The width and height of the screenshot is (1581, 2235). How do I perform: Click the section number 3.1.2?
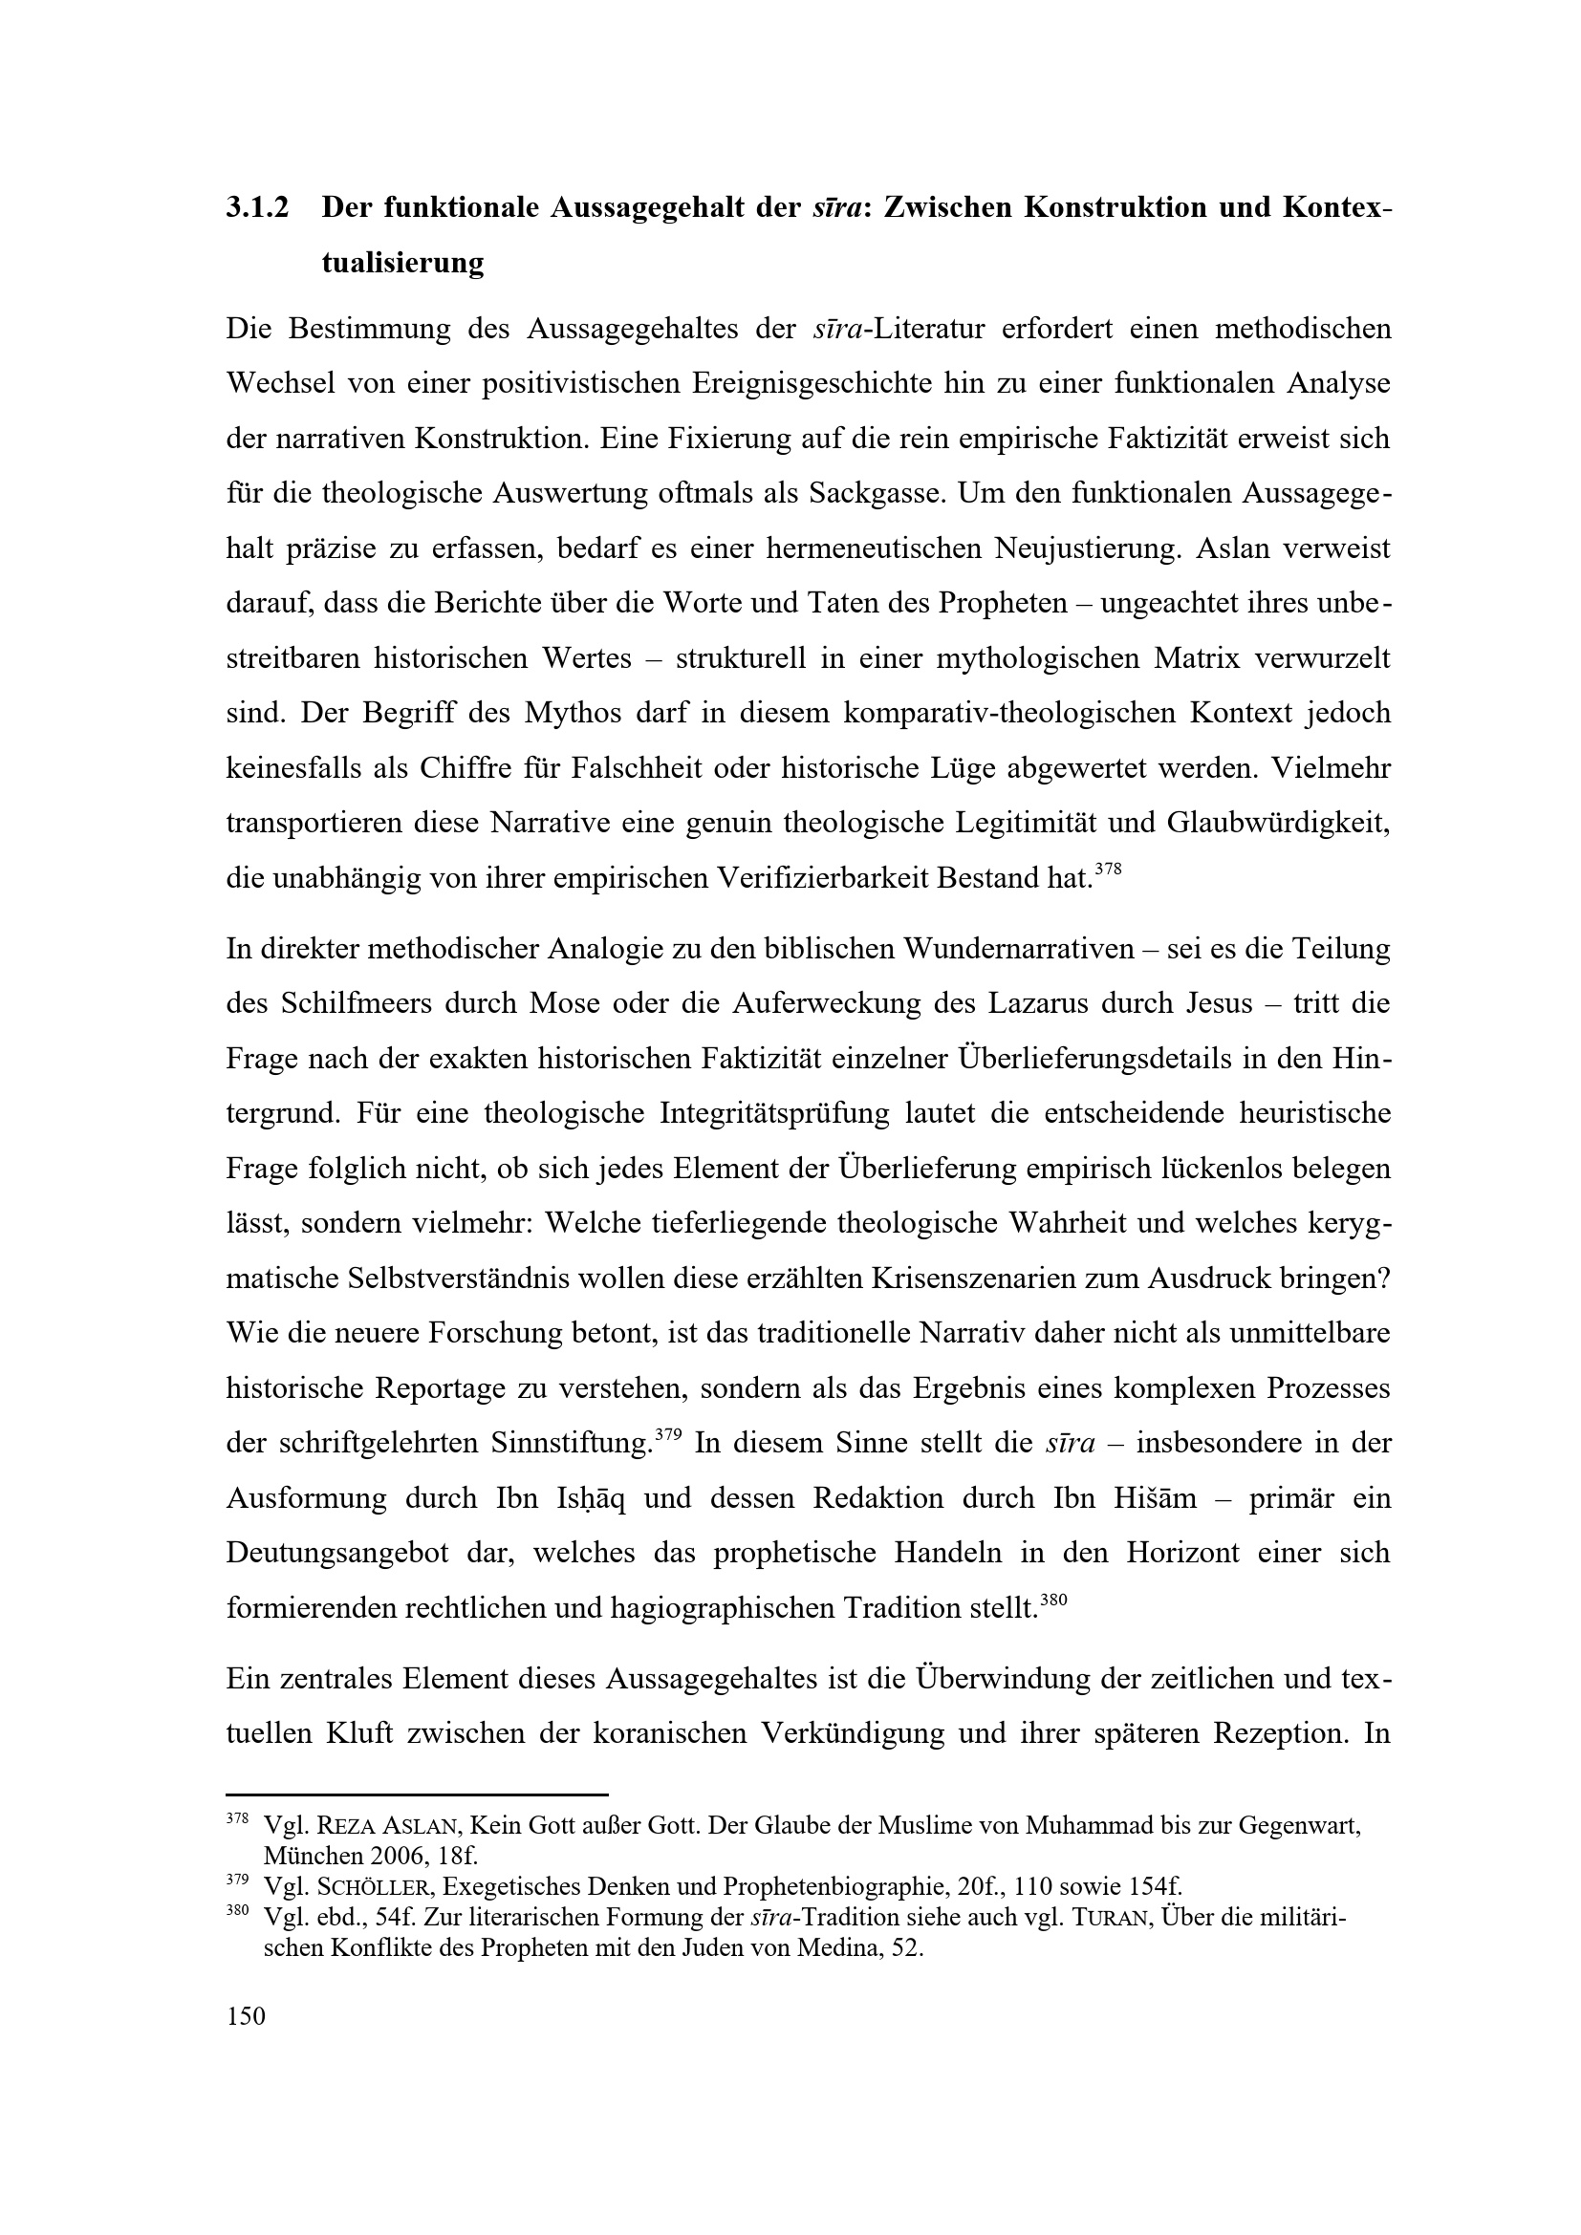pos(257,208)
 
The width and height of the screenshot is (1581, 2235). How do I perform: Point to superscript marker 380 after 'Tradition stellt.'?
pos(1054,1600)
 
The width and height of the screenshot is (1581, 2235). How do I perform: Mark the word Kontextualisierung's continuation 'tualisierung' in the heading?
pos(402,264)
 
